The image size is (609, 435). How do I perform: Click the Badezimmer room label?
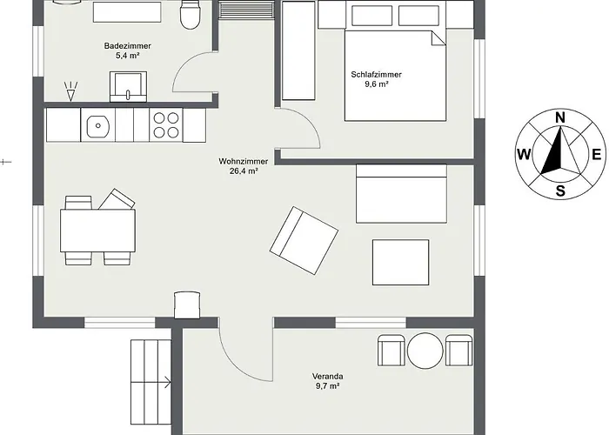point(127,46)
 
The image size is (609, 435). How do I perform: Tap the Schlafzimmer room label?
point(377,75)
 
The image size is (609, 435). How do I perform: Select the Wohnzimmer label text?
point(243,161)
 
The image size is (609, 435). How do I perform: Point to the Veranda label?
point(327,376)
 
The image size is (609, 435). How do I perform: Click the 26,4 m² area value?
point(244,171)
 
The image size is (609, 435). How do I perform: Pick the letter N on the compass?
point(559,117)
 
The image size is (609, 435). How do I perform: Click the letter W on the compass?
point(524,155)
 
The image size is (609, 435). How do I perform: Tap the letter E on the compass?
point(597,155)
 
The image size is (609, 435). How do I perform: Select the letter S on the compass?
point(560,191)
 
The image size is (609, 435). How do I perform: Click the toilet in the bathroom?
point(190,15)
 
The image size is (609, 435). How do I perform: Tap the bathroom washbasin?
point(128,86)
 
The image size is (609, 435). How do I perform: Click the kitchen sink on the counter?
point(97,125)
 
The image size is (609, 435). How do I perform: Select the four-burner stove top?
point(166,124)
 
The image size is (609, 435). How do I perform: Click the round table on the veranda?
point(425,351)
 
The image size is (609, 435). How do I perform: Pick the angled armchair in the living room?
point(304,240)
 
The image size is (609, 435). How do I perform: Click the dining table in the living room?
point(97,231)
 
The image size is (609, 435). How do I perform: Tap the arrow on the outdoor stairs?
point(151,383)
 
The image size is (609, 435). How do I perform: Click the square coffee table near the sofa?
point(401,262)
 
